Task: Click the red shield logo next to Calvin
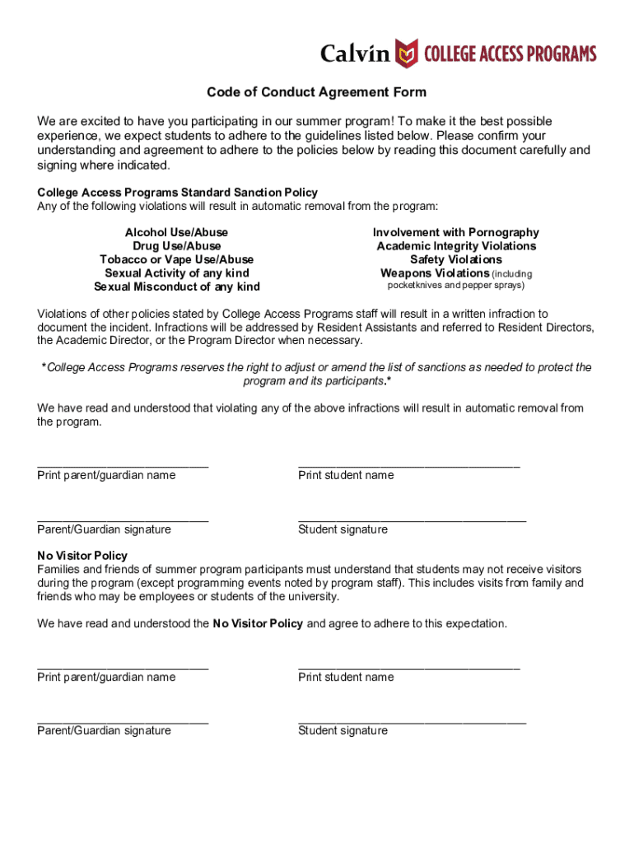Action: coord(406,53)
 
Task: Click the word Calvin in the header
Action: coord(353,54)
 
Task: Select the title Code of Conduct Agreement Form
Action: coord(316,92)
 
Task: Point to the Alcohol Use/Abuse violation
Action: coord(176,233)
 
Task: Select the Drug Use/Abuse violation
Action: coord(176,246)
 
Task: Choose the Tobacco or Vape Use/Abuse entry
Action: coord(176,259)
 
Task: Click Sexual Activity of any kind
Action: coord(176,273)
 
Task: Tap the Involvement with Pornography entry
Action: coord(455,233)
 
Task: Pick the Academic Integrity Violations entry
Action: coord(455,246)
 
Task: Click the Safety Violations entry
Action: coord(455,259)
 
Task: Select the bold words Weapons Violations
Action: coord(434,273)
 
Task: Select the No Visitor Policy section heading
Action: coord(82,556)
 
